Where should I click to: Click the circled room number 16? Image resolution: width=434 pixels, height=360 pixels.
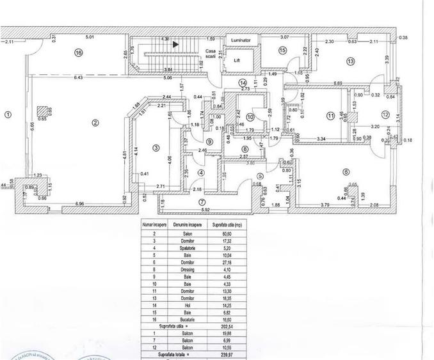click(78, 53)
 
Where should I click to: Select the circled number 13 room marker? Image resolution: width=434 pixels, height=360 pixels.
click(350, 61)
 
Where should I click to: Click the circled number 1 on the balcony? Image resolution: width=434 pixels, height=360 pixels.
click(8, 115)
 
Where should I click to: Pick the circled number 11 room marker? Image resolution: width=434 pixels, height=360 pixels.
click(330, 116)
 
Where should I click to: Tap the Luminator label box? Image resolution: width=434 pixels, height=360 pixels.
click(246, 40)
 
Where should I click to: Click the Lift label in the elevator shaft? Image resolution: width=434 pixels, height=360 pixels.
click(237, 61)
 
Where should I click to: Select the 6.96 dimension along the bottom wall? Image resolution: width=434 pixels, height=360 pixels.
click(80, 203)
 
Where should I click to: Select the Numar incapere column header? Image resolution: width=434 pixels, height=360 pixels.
click(156, 226)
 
